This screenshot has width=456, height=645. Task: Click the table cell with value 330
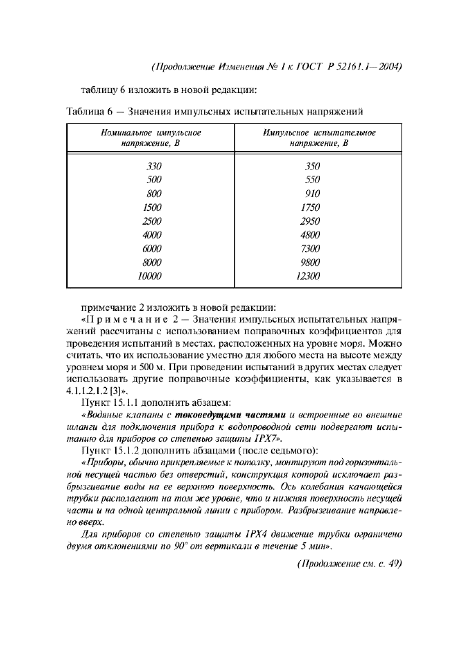153,166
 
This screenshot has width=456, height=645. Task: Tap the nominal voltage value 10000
150,276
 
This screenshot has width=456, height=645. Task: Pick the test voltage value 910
313,194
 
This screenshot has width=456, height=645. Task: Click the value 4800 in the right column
311,235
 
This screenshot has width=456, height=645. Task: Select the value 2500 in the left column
152,221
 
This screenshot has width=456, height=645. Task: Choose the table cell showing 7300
311,249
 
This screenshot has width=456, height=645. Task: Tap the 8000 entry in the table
152,263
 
